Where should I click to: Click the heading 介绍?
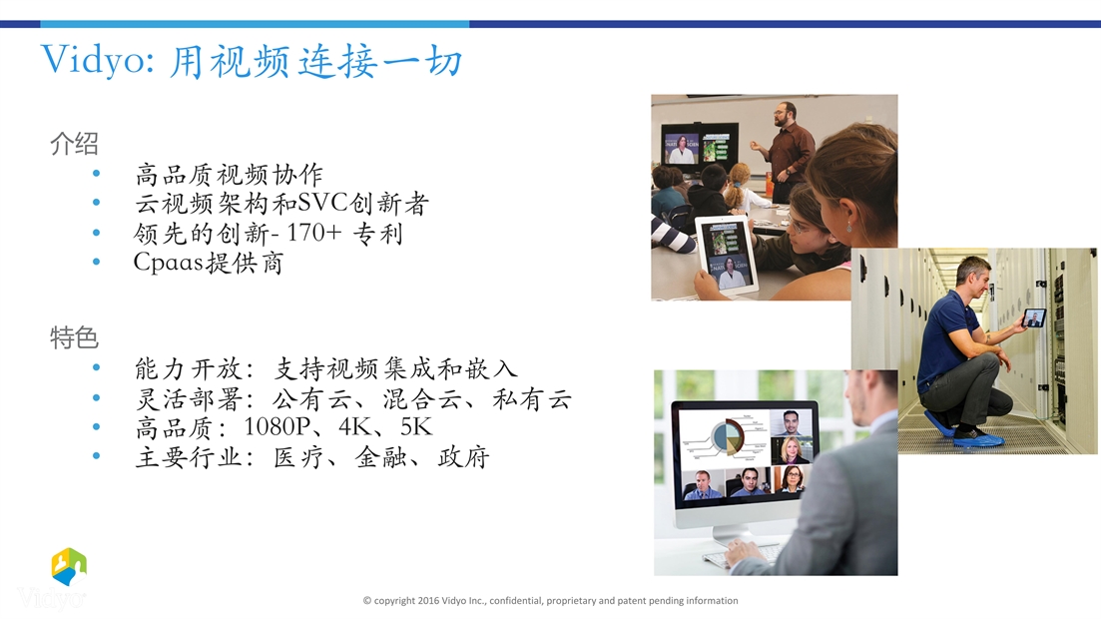coord(74,144)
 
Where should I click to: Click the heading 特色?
coord(74,337)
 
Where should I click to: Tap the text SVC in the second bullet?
coord(323,203)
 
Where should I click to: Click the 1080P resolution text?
coord(277,426)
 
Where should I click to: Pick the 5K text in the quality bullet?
coord(415,426)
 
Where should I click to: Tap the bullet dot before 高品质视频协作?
coord(96,173)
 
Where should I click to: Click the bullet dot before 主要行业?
coord(96,455)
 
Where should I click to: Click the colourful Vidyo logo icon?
coord(69,566)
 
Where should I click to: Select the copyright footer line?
coord(551,601)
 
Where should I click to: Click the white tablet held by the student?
coord(728,254)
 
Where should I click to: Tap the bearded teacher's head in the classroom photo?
coord(785,115)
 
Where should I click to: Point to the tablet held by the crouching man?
coord(1034,317)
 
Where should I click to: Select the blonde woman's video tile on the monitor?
coord(792,449)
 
